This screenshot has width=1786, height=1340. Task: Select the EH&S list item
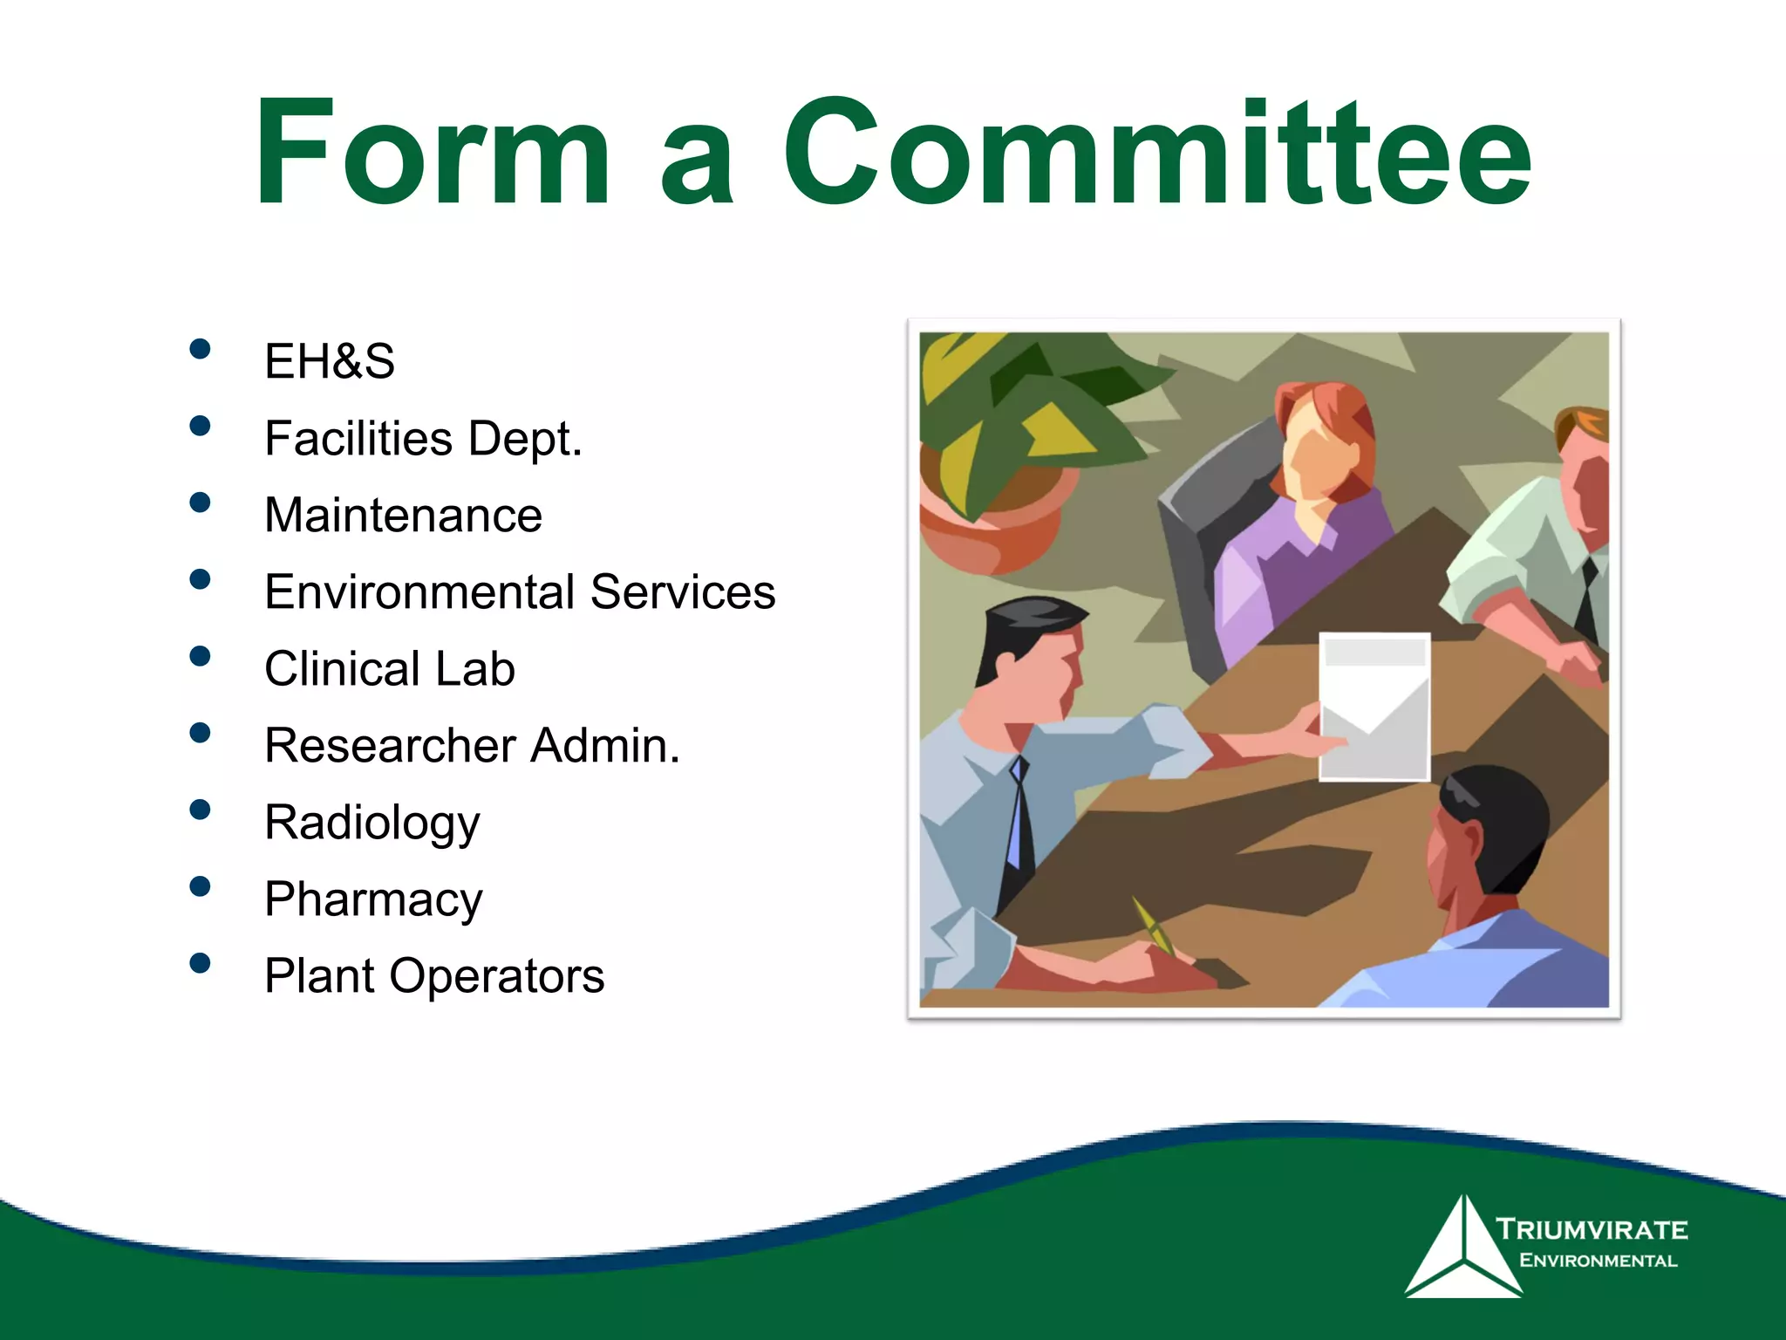330,361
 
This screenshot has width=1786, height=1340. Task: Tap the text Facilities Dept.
423,438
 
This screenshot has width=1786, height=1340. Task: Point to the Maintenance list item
403,515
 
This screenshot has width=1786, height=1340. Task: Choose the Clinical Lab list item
389,668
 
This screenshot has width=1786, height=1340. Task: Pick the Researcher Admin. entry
472,746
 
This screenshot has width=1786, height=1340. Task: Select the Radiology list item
372,823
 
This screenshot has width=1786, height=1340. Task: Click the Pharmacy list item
373,899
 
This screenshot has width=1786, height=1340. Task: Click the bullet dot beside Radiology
200,810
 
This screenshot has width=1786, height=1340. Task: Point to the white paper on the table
1374,707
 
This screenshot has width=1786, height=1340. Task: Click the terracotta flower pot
994,523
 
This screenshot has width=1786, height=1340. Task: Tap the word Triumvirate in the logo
1592,1230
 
